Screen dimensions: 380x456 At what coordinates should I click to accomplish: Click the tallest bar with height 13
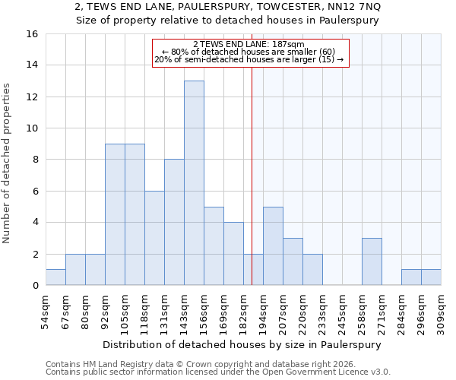tap(194, 183)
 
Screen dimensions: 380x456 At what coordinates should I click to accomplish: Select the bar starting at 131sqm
tap(174, 222)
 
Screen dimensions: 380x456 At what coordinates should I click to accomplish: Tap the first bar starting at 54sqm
tap(55, 277)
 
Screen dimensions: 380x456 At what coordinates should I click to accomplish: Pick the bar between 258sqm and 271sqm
tap(372, 261)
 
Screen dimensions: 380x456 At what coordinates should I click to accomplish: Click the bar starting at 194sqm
tap(273, 245)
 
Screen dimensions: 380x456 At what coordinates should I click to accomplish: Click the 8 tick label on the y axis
tap(35, 160)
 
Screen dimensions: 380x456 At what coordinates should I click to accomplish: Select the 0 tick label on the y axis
tap(35, 286)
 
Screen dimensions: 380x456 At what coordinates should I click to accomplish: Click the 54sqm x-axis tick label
tap(46, 311)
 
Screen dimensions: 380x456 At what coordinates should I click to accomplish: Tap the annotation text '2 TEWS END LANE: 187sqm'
tap(249, 45)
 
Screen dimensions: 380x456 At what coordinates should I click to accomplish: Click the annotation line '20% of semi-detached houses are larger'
tap(249, 59)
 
